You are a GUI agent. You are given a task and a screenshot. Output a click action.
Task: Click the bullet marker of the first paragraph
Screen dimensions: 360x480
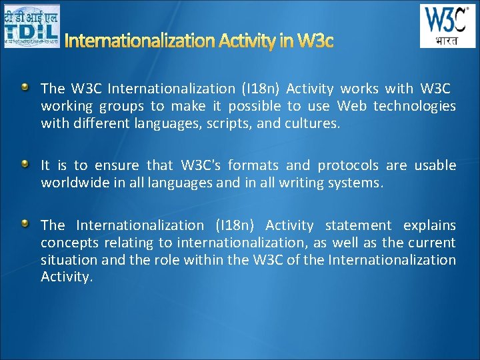(25, 87)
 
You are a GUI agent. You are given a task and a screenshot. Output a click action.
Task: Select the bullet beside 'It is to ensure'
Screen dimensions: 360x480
(25, 163)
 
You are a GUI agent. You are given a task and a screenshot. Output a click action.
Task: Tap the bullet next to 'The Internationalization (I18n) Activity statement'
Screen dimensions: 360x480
(25, 224)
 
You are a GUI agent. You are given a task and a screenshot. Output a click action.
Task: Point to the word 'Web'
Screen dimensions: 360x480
(351, 106)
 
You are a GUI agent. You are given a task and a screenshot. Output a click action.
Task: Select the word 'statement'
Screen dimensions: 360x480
(358, 226)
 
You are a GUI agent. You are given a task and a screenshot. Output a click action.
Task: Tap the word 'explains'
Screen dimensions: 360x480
(430, 226)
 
